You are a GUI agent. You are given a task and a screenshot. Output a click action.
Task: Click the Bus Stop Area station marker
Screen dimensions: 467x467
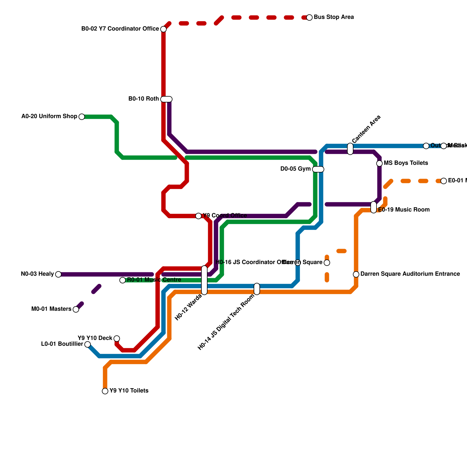click(x=309, y=18)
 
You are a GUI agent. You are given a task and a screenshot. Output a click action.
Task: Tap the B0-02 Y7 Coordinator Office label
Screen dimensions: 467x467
click(x=120, y=29)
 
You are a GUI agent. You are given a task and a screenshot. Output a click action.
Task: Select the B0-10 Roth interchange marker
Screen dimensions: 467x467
click(x=166, y=99)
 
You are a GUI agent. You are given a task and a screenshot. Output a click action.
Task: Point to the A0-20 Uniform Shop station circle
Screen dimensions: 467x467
click(x=82, y=117)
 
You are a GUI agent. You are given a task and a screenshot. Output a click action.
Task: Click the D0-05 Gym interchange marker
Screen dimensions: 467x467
click(x=318, y=169)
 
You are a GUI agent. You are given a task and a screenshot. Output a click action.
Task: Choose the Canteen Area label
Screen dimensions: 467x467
click(x=366, y=129)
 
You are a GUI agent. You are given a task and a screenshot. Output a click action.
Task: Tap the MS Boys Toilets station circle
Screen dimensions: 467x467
click(x=379, y=163)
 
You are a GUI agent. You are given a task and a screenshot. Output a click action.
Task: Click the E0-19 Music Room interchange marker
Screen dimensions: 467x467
click(x=374, y=207)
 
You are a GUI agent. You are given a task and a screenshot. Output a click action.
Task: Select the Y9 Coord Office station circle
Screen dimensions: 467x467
click(x=198, y=216)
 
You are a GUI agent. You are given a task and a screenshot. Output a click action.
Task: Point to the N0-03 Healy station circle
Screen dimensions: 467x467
click(x=58, y=274)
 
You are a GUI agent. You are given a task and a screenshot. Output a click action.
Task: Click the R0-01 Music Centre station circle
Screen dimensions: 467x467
click(x=123, y=280)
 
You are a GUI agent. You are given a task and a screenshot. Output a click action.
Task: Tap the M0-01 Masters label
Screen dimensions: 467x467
click(x=51, y=309)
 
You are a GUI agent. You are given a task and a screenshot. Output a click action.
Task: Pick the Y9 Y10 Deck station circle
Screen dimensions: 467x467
click(x=117, y=339)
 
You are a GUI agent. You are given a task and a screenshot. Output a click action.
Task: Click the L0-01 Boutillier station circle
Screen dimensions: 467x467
click(x=88, y=344)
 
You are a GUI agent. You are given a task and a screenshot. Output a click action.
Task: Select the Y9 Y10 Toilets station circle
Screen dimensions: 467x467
click(x=105, y=391)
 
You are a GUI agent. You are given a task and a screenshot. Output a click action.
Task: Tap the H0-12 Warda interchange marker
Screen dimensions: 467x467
click(x=204, y=280)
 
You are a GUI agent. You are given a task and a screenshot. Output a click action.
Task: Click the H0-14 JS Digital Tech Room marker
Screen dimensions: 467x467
click(x=257, y=289)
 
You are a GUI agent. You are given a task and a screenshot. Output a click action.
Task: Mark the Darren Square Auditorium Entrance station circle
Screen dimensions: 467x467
click(x=356, y=274)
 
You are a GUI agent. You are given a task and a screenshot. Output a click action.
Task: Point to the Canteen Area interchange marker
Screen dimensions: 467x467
click(x=350, y=149)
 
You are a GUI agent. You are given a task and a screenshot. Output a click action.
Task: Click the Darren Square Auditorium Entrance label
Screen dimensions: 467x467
click(x=410, y=274)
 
